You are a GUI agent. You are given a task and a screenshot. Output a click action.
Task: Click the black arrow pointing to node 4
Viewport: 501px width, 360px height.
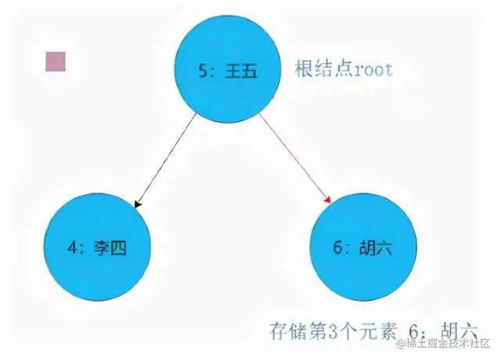pos(167,160)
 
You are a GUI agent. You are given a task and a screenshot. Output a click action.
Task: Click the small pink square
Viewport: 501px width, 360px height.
pos(56,62)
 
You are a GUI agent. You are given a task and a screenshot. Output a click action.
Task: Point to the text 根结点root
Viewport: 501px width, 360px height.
pos(344,69)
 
